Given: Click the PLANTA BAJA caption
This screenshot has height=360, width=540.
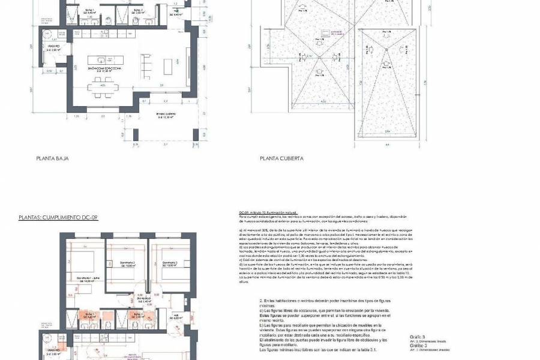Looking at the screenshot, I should pyautogui.click(x=53, y=159).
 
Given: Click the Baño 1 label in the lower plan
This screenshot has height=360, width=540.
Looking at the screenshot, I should pyautogui.click(x=90, y=315).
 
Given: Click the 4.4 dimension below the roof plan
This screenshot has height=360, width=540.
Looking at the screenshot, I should pyautogui.click(x=388, y=144).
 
